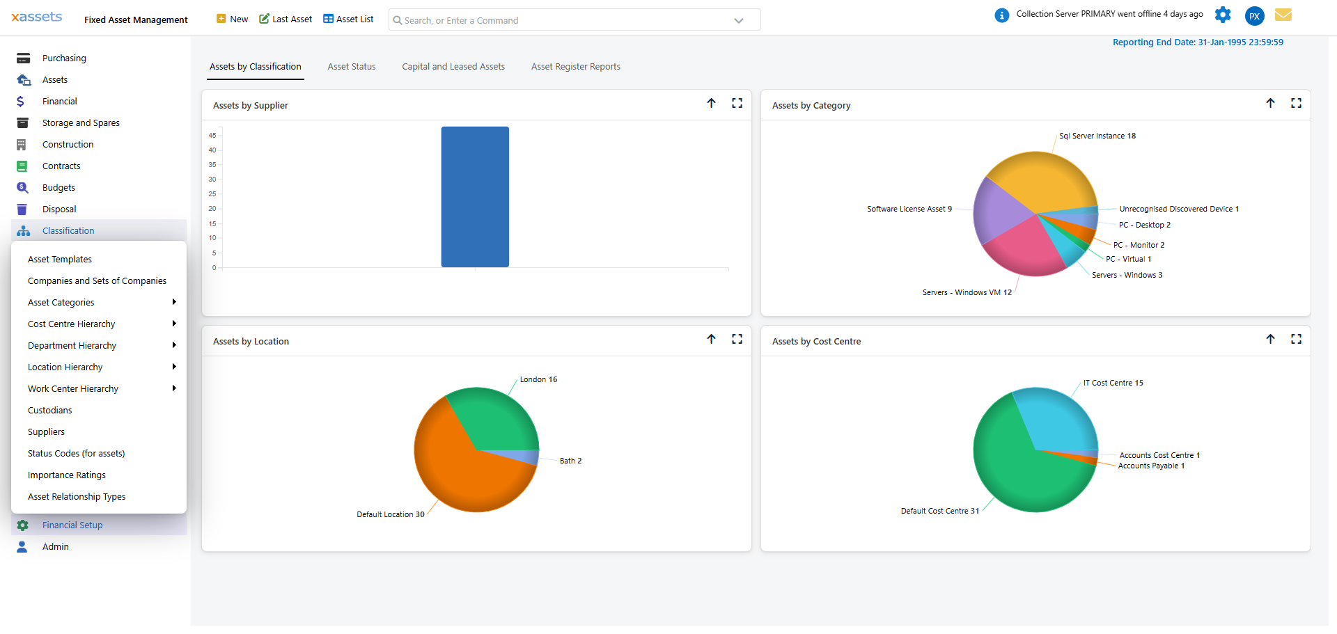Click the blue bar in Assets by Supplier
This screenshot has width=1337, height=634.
(x=475, y=197)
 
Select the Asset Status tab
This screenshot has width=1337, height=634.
(x=352, y=67)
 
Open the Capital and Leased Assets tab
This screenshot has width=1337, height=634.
(x=453, y=67)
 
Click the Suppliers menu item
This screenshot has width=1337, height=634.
(x=46, y=432)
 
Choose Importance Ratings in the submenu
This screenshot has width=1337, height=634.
(x=67, y=475)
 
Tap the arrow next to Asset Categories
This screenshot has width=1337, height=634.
(x=174, y=302)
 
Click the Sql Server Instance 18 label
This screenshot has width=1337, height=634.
(x=1097, y=136)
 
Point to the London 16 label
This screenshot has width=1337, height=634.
(x=538, y=380)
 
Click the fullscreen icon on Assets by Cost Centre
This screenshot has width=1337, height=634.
(x=1296, y=339)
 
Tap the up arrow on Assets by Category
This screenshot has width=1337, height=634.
(x=1270, y=103)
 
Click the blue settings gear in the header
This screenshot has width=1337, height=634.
(x=1223, y=15)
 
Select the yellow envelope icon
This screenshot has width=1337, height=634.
(x=1283, y=15)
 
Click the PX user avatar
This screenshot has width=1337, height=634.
(x=1254, y=16)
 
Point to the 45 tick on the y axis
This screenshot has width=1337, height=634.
(x=212, y=136)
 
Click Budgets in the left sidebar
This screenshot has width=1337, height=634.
(x=58, y=188)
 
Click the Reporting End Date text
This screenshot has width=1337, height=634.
(x=1197, y=42)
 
